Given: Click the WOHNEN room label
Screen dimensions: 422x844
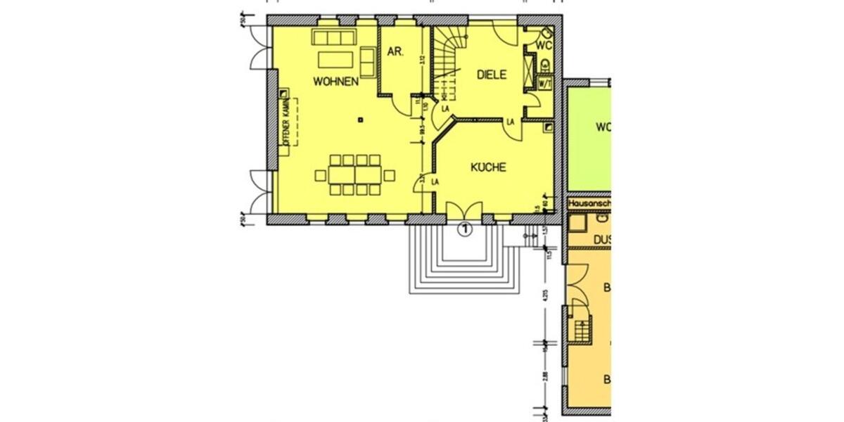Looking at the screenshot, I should point(336,81).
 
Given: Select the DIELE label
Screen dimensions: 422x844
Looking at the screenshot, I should point(492,75).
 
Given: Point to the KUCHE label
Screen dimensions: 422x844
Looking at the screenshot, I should point(488,167).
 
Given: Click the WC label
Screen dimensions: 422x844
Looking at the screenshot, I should point(544,45).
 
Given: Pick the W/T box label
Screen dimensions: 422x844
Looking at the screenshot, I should point(544,83).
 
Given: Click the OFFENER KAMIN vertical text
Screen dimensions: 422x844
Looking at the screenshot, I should point(287,127).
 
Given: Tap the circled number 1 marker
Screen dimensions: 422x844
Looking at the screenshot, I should point(464,228).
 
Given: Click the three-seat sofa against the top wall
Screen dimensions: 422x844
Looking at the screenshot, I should point(334,37).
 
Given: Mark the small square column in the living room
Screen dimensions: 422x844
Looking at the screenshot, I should point(360,119).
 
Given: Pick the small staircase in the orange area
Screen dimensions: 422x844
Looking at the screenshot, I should point(582,329).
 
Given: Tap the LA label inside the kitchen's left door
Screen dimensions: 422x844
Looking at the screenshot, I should point(435,182).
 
